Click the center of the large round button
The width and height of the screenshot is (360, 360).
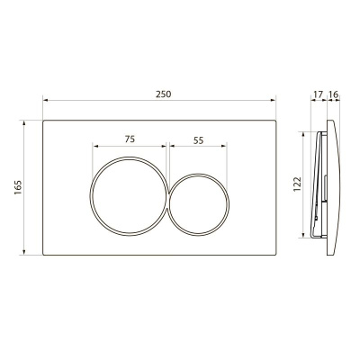[130, 190]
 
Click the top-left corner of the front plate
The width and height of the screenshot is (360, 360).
[42, 118]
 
